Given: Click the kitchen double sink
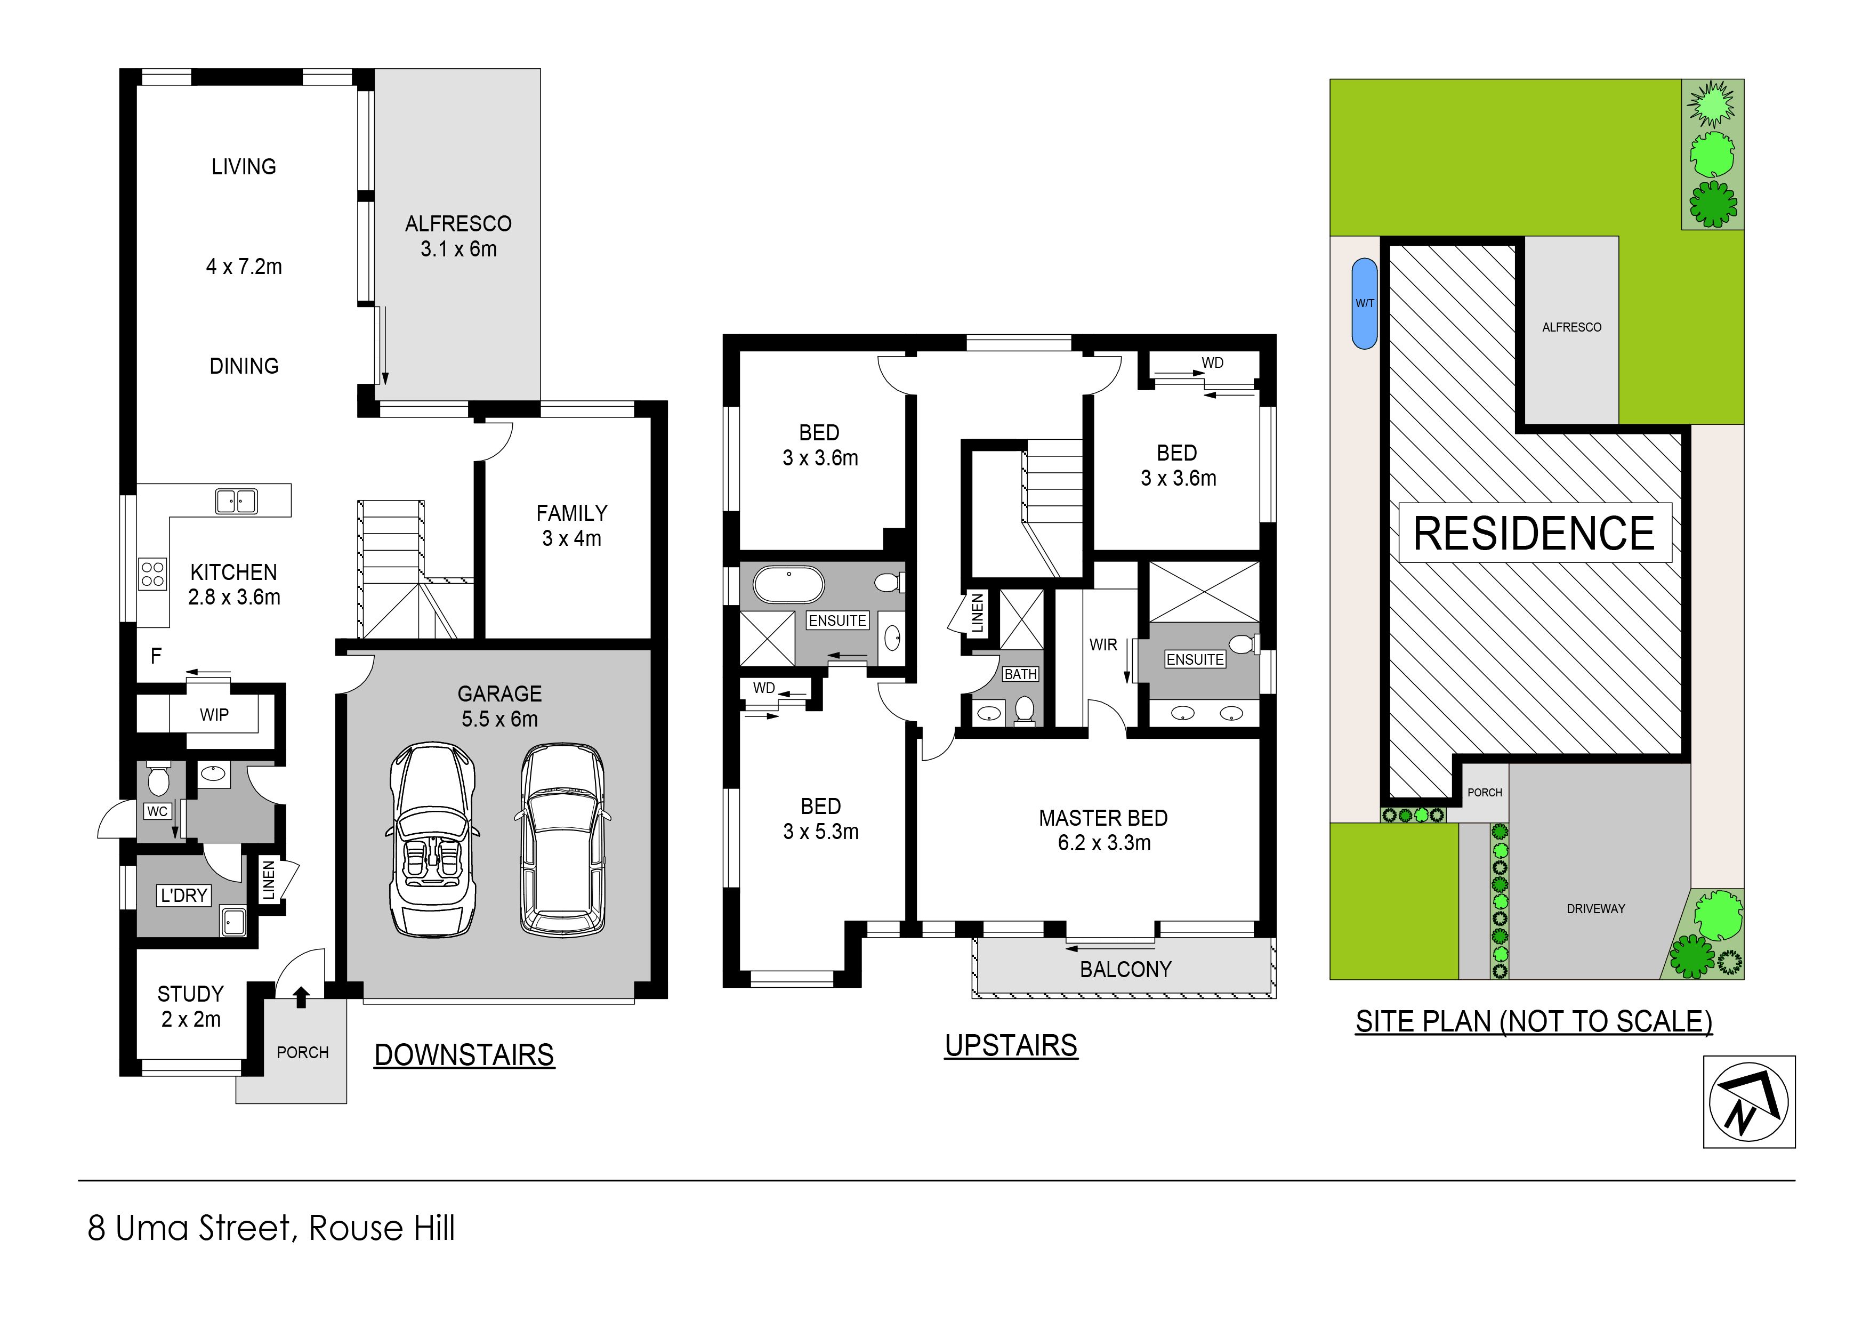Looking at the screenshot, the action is [x=236, y=501].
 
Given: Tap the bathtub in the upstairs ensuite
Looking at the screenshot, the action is [x=788, y=585].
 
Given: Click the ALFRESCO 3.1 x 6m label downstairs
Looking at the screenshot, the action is [x=458, y=236].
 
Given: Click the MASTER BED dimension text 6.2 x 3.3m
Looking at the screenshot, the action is [x=1105, y=843].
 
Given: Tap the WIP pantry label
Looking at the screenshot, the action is [x=214, y=714].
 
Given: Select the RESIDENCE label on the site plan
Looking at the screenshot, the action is [x=1535, y=534].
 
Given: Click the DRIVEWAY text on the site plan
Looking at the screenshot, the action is [x=1595, y=908].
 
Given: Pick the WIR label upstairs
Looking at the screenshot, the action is [x=1103, y=645].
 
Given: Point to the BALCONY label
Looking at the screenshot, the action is [x=1126, y=969].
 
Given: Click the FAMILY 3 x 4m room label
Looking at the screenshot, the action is [x=572, y=526].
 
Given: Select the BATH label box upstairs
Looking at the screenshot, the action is [x=1020, y=674].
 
